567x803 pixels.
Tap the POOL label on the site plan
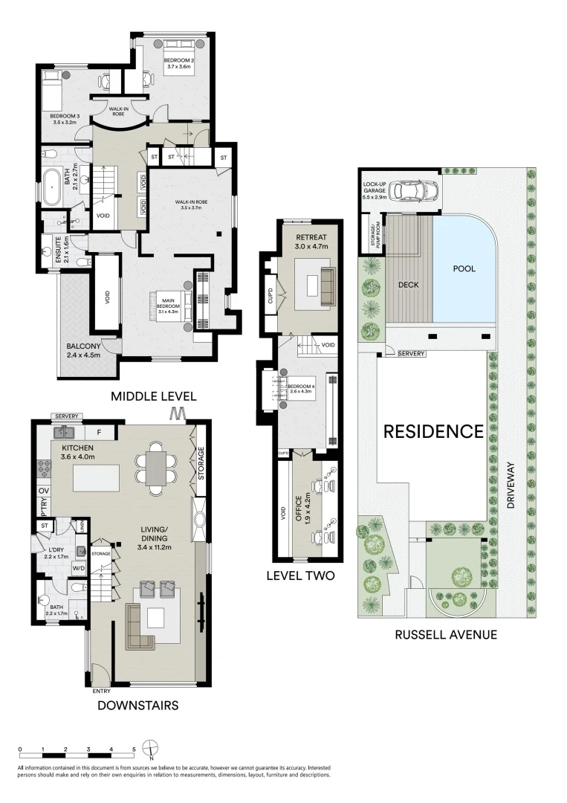(464, 268)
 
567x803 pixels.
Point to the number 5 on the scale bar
(134, 749)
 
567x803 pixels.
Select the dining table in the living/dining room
(157, 468)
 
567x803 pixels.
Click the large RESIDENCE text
(433, 431)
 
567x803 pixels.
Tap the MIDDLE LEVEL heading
(153, 396)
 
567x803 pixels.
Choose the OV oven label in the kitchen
(42, 491)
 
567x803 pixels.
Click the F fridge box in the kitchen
(99, 431)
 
